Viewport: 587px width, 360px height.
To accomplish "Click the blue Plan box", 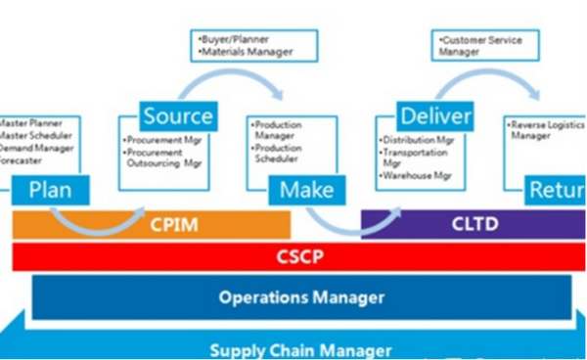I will pyautogui.click(x=51, y=188).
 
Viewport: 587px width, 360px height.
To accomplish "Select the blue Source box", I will pyautogui.click(x=177, y=116).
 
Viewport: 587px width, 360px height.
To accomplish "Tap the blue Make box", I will pyautogui.click(x=306, y=188).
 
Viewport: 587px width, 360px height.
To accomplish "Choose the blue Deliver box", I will pyautogui.click(x=434, y=116).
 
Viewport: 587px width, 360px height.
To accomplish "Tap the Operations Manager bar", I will pyautogui.click(x=301, y=297).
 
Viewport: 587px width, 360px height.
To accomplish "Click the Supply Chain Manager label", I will pyautogui.click(x=301, y=349).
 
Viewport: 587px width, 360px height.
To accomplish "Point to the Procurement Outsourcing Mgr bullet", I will pyautogui.click(x=161, y=158).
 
